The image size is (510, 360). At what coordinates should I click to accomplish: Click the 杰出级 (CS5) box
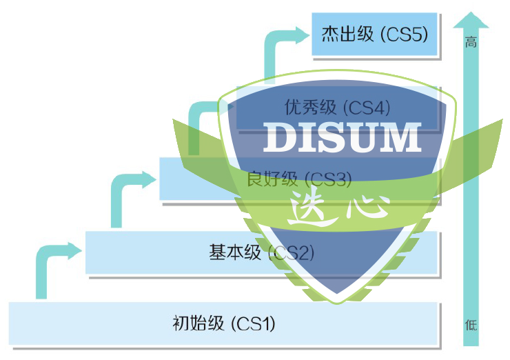(x=376, y=34)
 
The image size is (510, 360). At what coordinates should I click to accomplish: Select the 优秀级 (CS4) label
(x=338, y=108)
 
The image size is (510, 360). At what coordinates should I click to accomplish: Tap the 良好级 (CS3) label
(x=300, y=179)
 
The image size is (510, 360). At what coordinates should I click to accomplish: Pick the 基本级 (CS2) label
(x=261, y=252)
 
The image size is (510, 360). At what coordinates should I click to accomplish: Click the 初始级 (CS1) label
(x=224, y=323)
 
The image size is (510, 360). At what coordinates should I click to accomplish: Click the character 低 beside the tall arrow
(x=471, y=325)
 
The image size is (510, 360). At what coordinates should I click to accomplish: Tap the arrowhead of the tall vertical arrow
(x=471, y=19)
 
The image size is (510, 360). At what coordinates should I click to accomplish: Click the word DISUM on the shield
(x=342, y=137)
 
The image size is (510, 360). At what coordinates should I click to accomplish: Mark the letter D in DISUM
(x=277, y=137)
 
